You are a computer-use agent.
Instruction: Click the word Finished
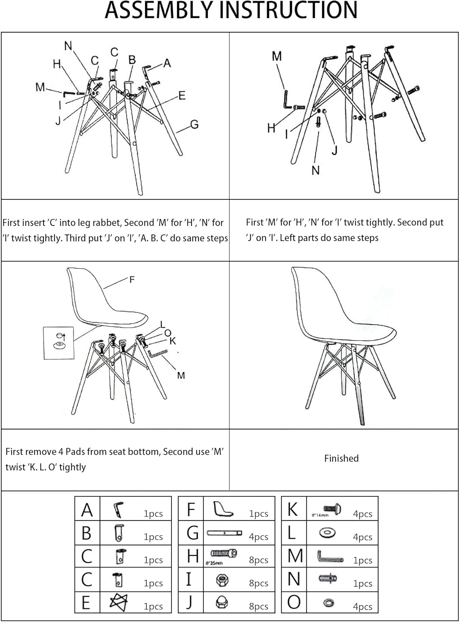(x=341, y=458)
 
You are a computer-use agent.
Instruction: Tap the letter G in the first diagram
(x=194, y=124)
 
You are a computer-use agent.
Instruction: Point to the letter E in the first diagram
(x=181, y=96)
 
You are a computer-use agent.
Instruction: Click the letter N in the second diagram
(x=316, y=170)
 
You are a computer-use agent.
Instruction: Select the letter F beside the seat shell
(x=132, y=280)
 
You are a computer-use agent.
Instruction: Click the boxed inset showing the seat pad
(x=59, y=343)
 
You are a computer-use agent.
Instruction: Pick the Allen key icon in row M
(x=330, y=556)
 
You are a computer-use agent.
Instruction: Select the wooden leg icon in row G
(x=224, y=532)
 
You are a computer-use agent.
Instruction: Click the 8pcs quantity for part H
(x=258, y=560)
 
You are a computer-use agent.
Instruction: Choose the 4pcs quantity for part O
(x=362, y=607)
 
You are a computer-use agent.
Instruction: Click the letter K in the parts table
(x=293, y=510)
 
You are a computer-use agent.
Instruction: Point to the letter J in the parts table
(x=190, y=602)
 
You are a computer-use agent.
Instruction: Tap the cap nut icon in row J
(x=222, y=603)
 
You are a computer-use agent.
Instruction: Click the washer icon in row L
(x=327, y=533)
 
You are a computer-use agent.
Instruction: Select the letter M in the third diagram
(x=181, y=376)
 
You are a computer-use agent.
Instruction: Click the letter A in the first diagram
(x=167, y=63)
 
